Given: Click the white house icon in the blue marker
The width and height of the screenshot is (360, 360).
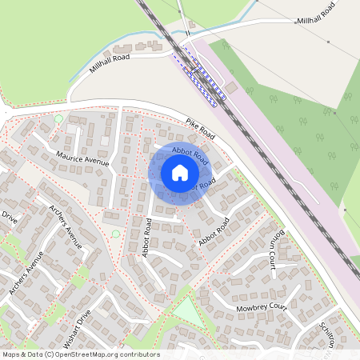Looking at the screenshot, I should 180,173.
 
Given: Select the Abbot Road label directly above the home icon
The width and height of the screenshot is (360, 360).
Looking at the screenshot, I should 190,155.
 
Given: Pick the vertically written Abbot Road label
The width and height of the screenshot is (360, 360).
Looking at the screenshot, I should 146,235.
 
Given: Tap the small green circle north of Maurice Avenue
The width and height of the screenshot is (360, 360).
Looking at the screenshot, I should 58,119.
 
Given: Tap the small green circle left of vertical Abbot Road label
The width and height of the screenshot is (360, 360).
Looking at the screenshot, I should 115,234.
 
